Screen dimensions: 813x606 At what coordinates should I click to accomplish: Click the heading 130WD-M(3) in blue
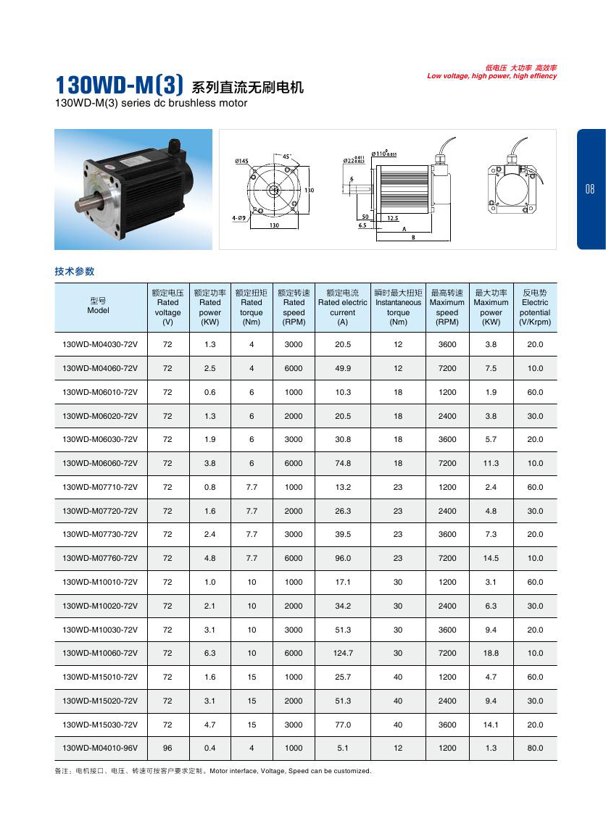(x=120, y=86)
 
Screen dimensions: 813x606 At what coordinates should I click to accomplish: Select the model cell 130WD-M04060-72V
(x=100, y=368)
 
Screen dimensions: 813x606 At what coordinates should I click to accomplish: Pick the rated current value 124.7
(x=343, y=653)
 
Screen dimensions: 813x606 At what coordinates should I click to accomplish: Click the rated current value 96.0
(x=343, y=558)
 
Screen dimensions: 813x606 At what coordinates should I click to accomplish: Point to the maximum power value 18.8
(x=491, y=653)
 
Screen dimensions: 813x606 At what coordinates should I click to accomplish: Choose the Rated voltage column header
(x=167, y=307)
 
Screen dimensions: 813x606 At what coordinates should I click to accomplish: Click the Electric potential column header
(x=535, y=307)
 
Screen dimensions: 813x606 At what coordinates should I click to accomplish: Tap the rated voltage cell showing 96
(x=167, y=748)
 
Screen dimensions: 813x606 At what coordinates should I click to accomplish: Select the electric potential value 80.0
(x=535, y=748)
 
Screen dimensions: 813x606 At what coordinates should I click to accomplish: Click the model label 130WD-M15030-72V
(x=100, y=724)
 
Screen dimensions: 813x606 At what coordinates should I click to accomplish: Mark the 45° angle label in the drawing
(x=287, y=157)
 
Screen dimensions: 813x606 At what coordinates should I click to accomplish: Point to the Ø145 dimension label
(x=241, y=161)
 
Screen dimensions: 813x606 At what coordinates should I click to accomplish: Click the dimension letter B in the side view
(x=412, y=237)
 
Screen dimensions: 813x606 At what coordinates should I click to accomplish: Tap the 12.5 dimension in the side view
(x=392, y=218)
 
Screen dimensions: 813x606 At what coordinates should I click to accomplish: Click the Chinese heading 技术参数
(x=75, y=272)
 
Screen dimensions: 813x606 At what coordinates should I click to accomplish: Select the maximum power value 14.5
(x=491, y=558)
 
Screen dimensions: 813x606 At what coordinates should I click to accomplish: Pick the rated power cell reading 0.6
(x=209, y=392)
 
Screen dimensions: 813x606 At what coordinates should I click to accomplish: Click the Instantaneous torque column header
(x=398, y=307)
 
